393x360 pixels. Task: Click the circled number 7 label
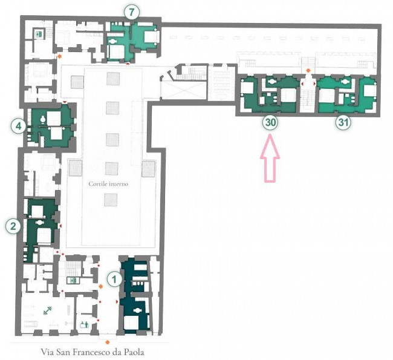tap(132, 12)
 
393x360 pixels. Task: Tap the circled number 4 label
tap(18, 126)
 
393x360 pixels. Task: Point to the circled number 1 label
tap(114, 279)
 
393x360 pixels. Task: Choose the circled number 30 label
tap(270, 122)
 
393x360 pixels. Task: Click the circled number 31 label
tap(343, 122)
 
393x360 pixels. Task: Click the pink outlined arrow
tap(270, 158)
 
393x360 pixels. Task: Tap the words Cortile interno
tap(108, 184)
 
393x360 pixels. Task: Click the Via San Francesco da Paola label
tap(93, 352)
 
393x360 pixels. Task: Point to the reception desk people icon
tap(84, 325)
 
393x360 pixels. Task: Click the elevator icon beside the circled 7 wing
tap(39, 34)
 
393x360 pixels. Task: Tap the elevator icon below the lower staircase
tap(73, 280)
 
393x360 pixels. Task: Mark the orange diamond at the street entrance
tap(108, 342)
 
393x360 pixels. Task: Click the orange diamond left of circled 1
tap(101, 286)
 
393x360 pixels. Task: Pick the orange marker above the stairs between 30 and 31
tap(308, 71)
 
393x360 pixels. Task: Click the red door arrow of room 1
tap(117, 301)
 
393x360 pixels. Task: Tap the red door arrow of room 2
tap(60, 226)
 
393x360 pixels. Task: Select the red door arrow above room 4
tap(65, 102)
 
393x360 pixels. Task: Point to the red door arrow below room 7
tap(128, 64)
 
